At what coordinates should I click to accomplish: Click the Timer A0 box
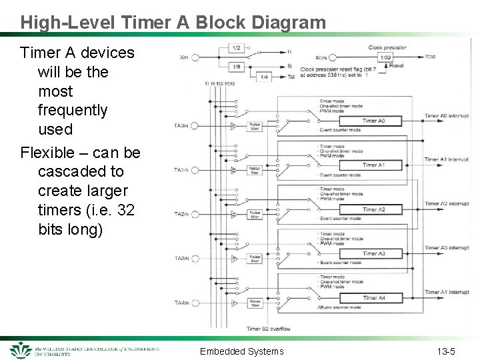[373, 121]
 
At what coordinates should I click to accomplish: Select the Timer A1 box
[373, 165]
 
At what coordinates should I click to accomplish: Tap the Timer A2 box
[373, 209]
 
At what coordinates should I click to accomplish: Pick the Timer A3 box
[373, 253]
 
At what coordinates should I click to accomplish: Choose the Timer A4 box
[373, 298]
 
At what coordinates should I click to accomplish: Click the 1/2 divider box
[237, 48]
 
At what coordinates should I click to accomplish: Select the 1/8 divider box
[237, 66]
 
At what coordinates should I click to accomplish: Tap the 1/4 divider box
[264, 77]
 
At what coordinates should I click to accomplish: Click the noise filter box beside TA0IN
[254, 125]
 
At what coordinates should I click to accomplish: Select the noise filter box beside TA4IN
[254, 303]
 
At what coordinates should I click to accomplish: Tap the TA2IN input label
[181, 214]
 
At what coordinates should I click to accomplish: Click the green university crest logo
[21, 350]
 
